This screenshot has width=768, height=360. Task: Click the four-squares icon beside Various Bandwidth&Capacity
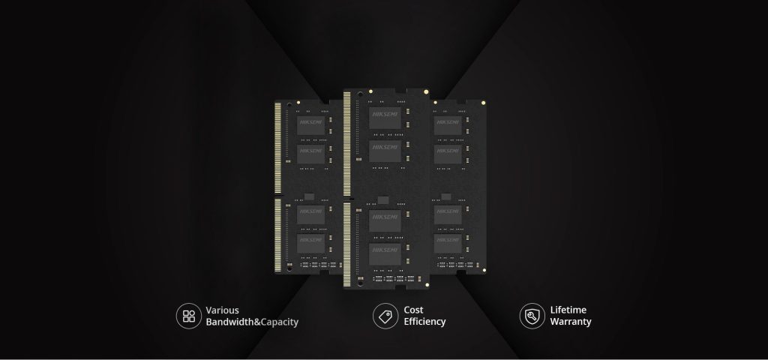coord(188,316)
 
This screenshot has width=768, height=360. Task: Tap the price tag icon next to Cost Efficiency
coord(385,316)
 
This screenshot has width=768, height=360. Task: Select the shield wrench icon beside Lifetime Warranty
coord(532,316)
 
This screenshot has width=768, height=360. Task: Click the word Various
coord(222,310)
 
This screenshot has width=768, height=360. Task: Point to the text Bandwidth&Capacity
coord(252,322)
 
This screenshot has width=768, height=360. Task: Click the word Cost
coord(413,310)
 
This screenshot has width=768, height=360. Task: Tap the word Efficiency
coord(424,322)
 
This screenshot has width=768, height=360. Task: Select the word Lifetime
coord(568,310)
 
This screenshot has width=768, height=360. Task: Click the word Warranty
coord(571,322)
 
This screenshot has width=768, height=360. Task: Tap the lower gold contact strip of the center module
coord(346,244)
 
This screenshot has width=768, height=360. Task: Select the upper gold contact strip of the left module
coord(278,147)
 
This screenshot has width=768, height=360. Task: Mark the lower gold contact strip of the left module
coord(278,235)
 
